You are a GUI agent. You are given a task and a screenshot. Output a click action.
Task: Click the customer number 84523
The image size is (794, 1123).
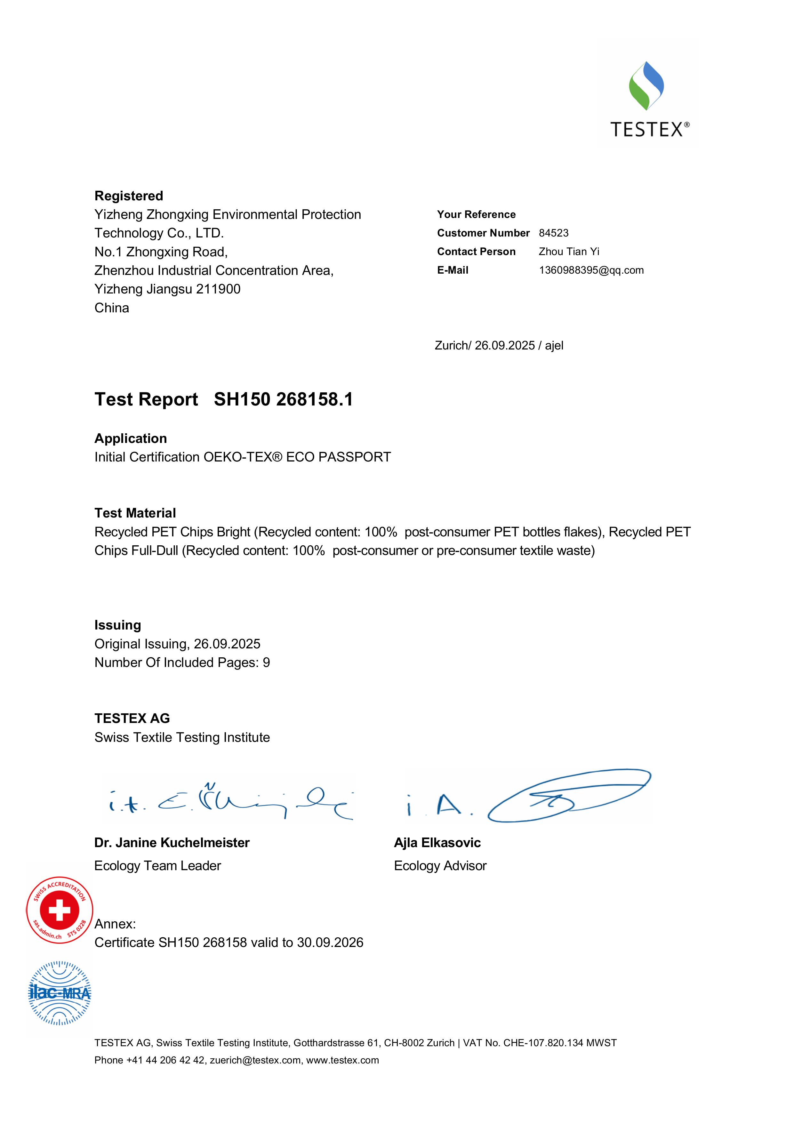[553, 233]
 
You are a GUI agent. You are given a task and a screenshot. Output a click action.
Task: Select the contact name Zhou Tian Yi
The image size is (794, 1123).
[568, 252]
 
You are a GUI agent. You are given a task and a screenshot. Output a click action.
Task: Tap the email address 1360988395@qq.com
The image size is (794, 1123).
[591, 270]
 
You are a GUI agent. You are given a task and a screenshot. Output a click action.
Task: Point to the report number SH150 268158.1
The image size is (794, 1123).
[283, 400]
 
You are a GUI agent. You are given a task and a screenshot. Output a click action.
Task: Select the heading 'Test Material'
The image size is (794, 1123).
[135, 513]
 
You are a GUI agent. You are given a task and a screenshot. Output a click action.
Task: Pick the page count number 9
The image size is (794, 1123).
[266, 663]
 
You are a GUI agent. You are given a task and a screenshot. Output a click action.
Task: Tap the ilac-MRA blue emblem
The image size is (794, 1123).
[60, 993]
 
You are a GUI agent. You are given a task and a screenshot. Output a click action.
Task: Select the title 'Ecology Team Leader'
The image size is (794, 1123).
[157, 866]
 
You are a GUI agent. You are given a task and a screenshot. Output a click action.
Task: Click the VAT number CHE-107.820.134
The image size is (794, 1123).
[543, 1043]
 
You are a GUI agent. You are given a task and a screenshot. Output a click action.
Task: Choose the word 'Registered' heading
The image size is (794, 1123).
[129, 196]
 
